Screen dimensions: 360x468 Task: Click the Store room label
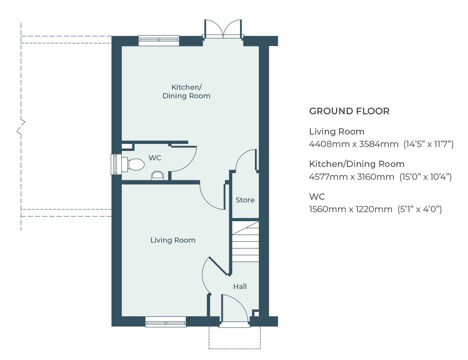tap(245, 200)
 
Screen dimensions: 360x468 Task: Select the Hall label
tap(240, 287)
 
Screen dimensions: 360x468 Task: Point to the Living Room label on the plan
tap(173, 240)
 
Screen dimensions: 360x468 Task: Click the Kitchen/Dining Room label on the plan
tap(186, 91)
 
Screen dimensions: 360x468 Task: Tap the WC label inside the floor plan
tap(155, 158)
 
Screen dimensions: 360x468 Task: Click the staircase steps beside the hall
tap(246, 242)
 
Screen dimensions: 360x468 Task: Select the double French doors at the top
tap(223, 30)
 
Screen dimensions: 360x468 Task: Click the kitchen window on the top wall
tap(159, 40)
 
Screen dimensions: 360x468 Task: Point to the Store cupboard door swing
tap(245, 160)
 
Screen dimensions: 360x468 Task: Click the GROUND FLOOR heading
tap(349, 111)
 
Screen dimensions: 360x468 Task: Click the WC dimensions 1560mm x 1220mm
tap(351, 209)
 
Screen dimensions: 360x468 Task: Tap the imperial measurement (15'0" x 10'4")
tap(425, 177)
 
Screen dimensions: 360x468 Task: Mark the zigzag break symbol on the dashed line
tap(21, 127)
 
